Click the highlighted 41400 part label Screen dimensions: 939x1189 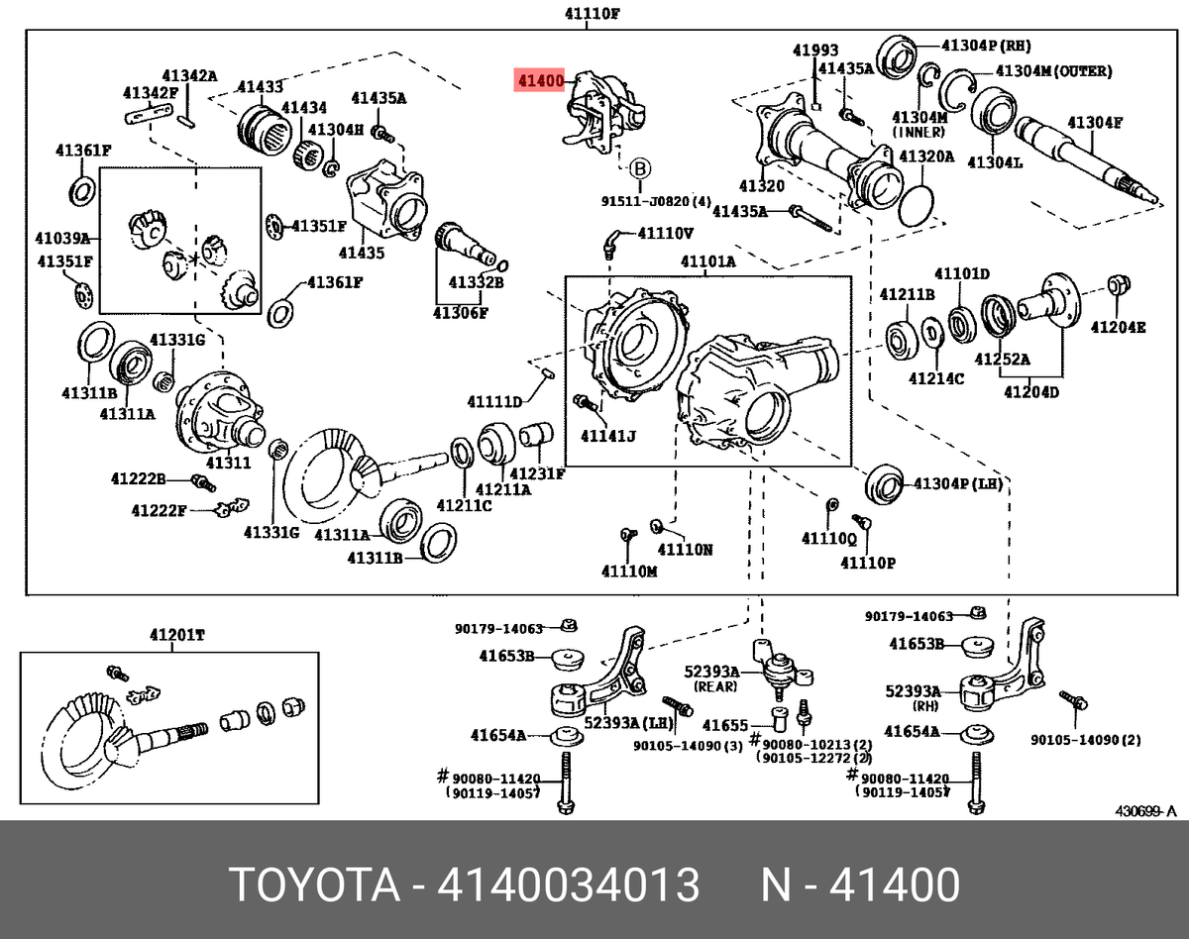pos(538,80)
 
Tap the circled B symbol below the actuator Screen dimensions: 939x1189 pos(640,167)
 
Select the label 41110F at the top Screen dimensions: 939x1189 pos(594,15)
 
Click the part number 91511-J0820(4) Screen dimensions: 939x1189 pos(656,201)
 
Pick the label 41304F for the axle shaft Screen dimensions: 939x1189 pos(1094,123)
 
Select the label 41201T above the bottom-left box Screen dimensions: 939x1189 pos(177,635)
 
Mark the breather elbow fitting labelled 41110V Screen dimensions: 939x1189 pos(614,241)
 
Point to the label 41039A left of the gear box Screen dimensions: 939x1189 pos(61,239)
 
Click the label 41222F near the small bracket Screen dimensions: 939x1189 pos(159,511)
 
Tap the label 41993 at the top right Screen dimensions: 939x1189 pos(814,51)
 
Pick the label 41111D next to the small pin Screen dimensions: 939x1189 pos(495,401)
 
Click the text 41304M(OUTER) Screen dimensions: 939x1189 pos(1052,71)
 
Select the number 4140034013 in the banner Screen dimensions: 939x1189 pos(569,885)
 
